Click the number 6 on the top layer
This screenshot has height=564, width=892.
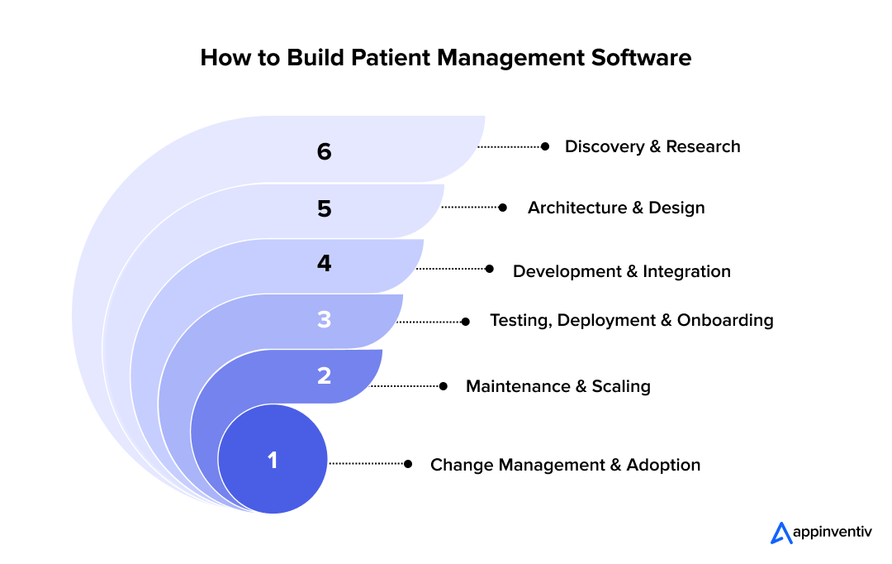click(x=324, y=152)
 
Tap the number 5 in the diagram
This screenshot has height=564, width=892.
click(x=324, y=209)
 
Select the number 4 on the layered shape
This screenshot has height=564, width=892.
click(x=324, y=264)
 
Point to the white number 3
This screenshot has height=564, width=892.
click(x=324, y=320)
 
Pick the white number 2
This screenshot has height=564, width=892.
click(x=324, y=375)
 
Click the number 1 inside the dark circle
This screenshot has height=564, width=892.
click(x=273, y=461)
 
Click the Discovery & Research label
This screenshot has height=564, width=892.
click(x=652, y=146)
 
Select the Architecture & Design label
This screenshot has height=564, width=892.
click(x=616, y=208)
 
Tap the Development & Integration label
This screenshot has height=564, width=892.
click(x=621, y=271)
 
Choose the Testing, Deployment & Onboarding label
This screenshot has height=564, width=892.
click(x=631, y=320)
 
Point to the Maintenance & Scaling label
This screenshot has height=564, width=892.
click(x=557, y=386)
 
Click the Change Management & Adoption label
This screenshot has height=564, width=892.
click(x=565, y=465)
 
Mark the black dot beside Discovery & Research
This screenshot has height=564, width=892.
click(x=544, y=146)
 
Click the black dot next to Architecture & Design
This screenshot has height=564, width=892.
click(x=503, y=208)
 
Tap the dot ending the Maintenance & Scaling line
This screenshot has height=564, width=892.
click(x=444, y=386)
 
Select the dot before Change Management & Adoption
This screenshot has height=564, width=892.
click(x=407, y=464)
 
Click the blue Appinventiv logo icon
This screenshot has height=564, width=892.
click(x=780, y=533)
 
